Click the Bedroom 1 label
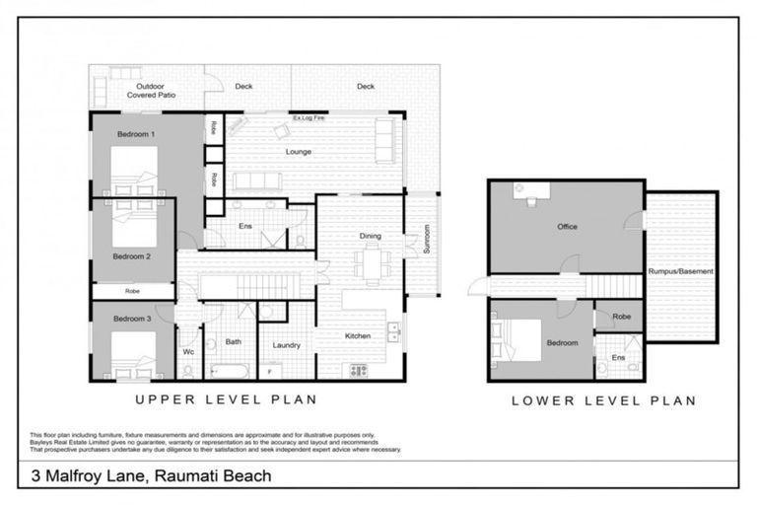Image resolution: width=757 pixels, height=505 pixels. coord(136,132)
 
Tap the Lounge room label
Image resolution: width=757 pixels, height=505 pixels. coord(299,152)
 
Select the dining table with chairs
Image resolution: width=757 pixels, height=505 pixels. coord(372,261)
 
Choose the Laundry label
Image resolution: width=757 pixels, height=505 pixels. coord(286,345)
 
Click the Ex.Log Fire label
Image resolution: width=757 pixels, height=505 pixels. coord(309,117)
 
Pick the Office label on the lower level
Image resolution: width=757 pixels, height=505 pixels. coord(567,227)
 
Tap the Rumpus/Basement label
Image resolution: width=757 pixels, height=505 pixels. coord(681,271)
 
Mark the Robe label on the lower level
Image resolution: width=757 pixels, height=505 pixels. coord(621,318)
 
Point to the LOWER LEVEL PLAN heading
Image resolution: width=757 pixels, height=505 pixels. coord(603,400)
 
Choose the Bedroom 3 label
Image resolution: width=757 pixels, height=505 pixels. coord(131,319)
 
